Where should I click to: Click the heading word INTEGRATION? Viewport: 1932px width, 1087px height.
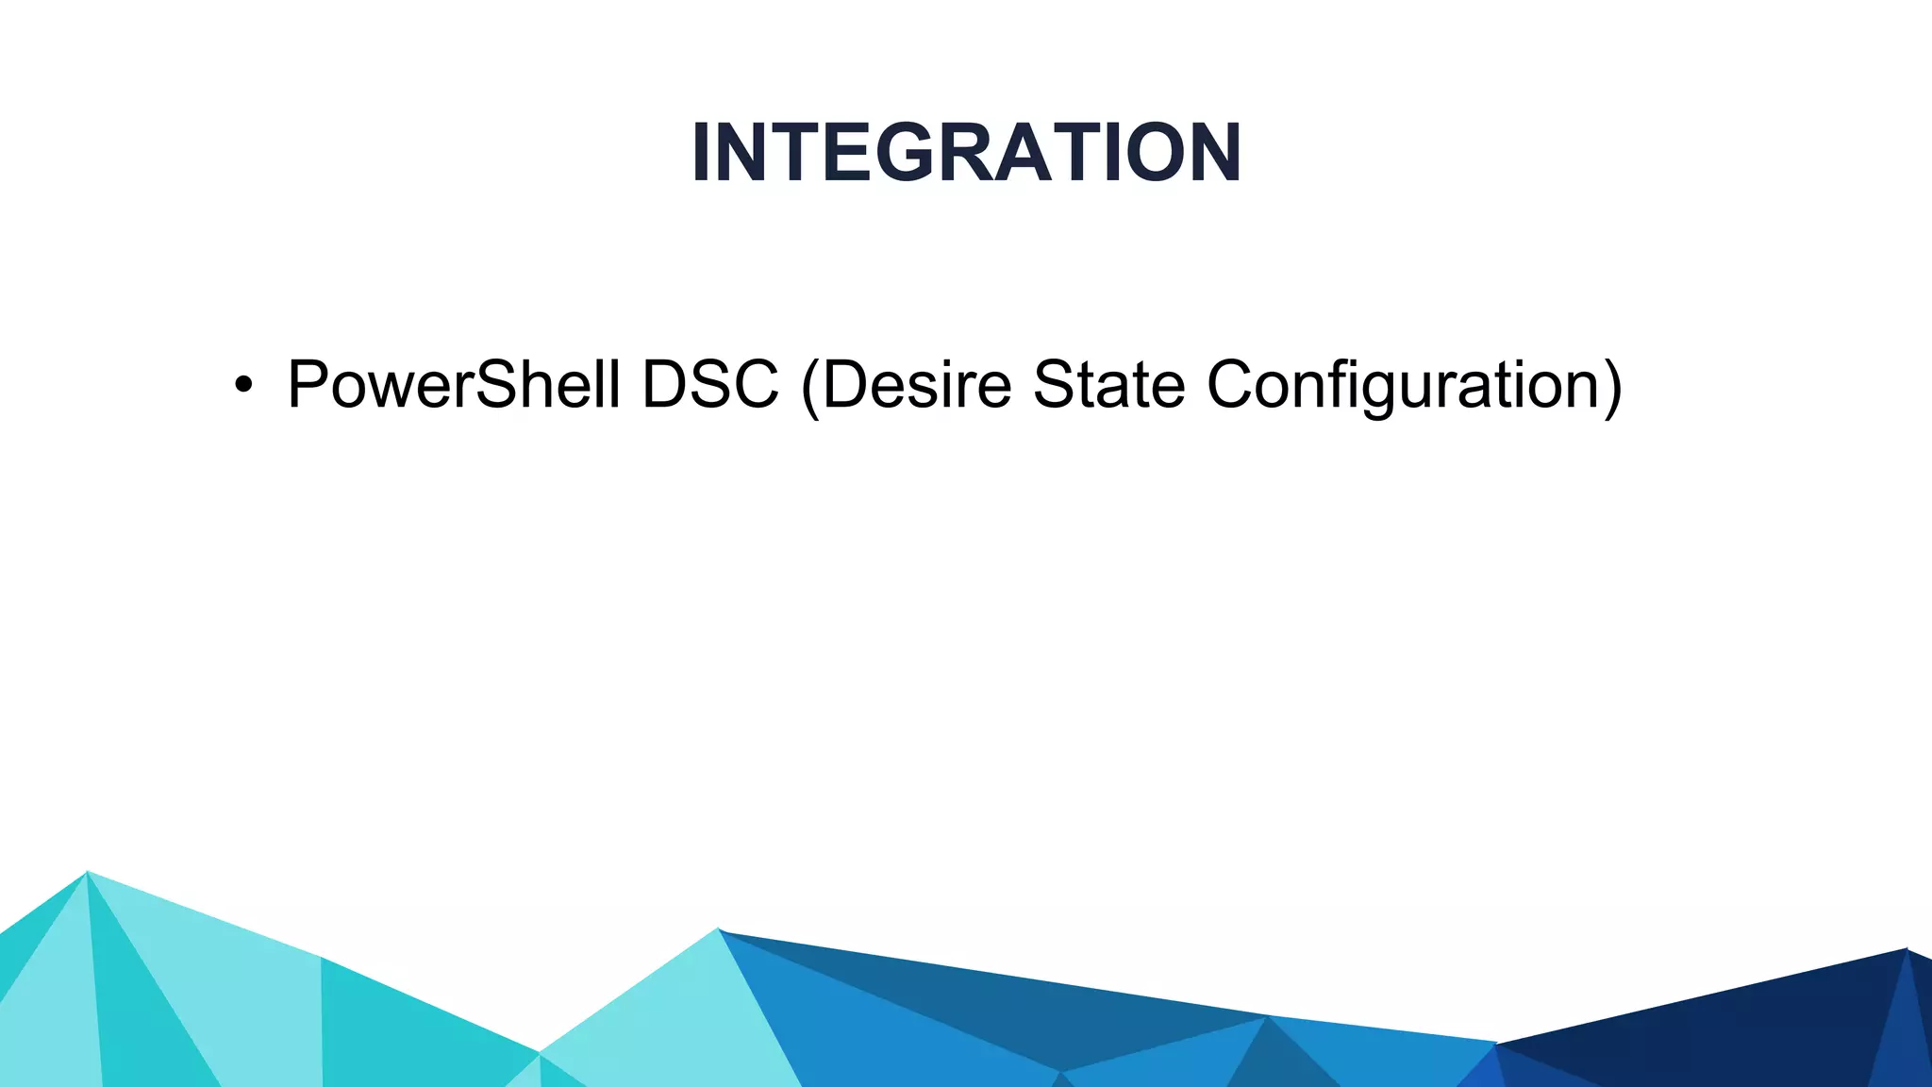[966, 153]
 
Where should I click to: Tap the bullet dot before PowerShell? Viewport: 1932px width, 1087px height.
[244, 385]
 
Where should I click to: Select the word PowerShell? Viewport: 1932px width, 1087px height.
[454, 385]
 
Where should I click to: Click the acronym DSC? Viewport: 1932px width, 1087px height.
[710, 385]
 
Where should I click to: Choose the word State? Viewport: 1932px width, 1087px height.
[1108, 385]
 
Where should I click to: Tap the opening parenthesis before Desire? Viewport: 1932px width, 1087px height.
[809, 387]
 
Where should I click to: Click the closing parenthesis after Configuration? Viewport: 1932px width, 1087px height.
[1611, 387]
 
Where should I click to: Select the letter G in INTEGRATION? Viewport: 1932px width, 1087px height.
[911, 153]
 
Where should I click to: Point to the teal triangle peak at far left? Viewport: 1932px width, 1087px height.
[87, 876]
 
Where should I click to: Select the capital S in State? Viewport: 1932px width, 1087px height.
[1057, 385]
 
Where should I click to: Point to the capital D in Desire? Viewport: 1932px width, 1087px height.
[848, 385]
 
